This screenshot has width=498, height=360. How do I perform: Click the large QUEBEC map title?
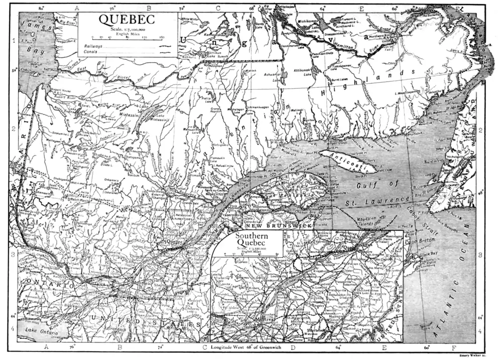pyautogui.click(x=126, y=19)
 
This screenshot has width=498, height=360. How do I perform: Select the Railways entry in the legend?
pyautogui.click(x=92, y=45)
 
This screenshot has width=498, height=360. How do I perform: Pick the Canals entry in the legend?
pyautogui.click(x=90, y=51)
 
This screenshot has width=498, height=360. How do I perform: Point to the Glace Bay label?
pyautogui.click(x=429, y=253)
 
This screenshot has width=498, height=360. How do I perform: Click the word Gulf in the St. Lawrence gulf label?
pyautogui.click(x=369, y=186)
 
